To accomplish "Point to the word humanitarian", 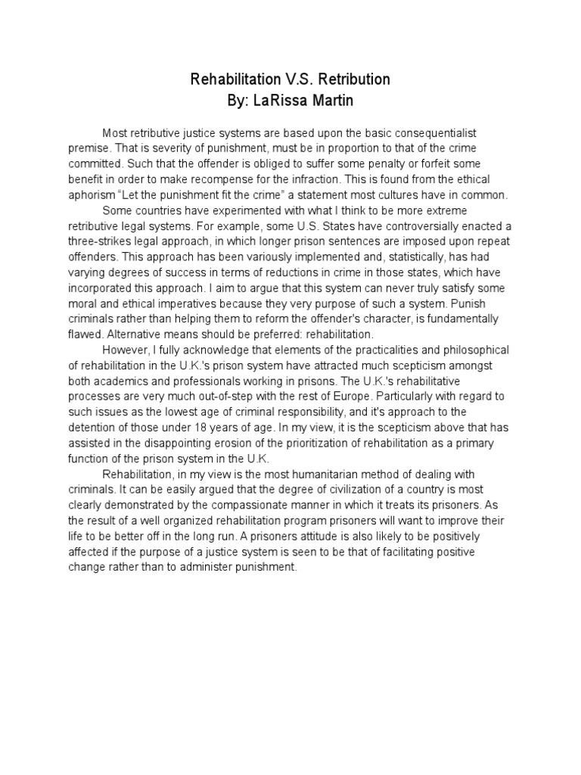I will point(325,475).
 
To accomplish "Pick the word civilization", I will point(342,490).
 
